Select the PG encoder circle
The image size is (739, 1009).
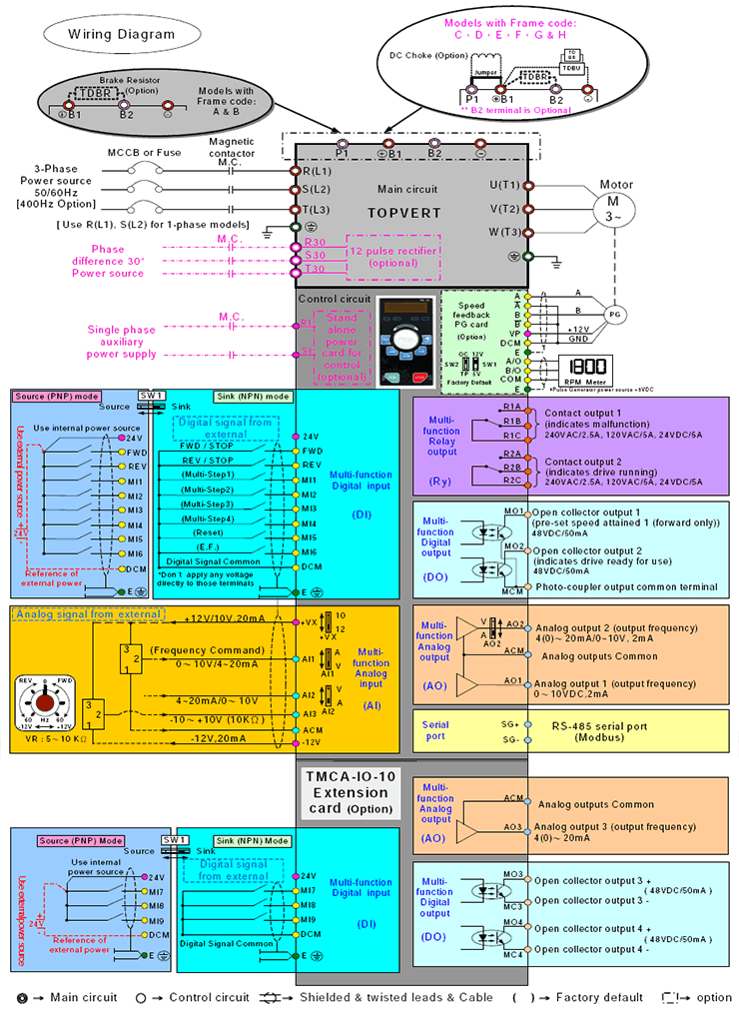coord(615,313)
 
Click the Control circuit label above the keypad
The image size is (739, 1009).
coord(335,298)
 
